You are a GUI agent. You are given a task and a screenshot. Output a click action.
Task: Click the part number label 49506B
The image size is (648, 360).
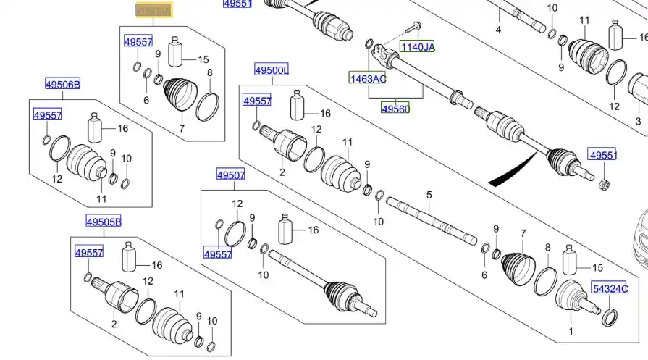click(62, 85)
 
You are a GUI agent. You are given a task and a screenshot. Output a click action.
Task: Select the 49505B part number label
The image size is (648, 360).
click(104, 222)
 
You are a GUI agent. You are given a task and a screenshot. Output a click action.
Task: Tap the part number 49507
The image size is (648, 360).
click(231, 174)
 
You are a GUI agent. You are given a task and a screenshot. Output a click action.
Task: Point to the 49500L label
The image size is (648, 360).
click(272, 70)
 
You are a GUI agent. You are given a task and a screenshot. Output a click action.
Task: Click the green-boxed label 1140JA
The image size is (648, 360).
click(418, 47)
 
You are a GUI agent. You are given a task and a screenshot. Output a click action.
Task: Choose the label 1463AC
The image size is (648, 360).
click(367, 78)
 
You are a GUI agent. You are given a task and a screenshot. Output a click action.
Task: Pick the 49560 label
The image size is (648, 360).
click(395, 109)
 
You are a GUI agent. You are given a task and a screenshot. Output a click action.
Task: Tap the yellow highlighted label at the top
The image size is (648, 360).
click(154, 11)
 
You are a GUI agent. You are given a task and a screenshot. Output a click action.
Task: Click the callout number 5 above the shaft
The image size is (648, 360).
click(429, 195)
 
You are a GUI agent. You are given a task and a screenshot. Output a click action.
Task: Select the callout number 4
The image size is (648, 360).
click(498, 30)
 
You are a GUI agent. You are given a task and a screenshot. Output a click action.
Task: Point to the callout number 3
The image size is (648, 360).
click(638, 121)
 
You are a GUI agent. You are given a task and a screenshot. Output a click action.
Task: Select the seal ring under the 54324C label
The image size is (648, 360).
click(611, 315)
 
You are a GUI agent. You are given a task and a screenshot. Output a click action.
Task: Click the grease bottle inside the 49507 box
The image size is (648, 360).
click(285, 230)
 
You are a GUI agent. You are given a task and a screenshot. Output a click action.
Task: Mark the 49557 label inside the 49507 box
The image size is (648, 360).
click(217, 254)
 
